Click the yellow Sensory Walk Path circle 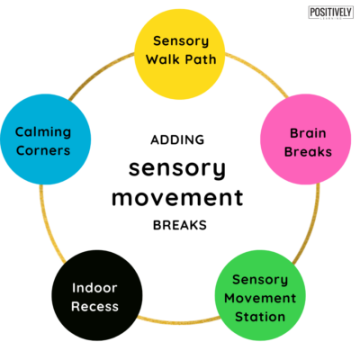[180, 51]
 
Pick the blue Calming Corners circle [42, 141]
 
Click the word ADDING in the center [178, 139]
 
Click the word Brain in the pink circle [303, 131]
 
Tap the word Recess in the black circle [96, 307]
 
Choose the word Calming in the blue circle [42, 131]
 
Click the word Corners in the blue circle [42, 150]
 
